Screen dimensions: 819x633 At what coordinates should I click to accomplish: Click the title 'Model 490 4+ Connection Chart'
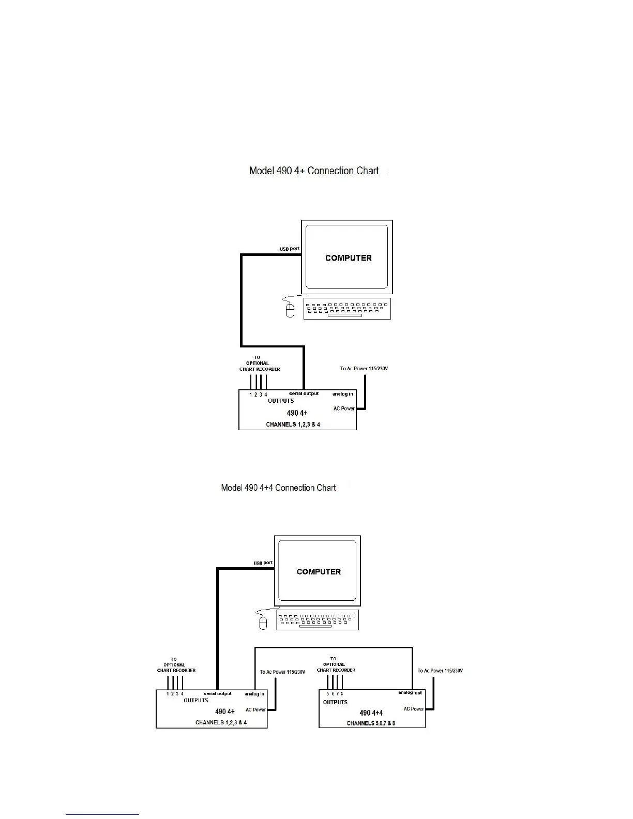314,171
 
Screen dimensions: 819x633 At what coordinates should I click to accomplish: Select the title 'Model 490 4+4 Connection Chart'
278,488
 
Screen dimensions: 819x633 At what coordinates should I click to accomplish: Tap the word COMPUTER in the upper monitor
348,258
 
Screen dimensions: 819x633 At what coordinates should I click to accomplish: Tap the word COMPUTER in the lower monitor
319,572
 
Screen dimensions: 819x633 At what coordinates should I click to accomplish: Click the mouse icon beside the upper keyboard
290,310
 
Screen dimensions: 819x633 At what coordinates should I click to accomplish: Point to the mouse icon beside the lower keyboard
263,623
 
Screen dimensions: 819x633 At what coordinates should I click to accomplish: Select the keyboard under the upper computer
347,308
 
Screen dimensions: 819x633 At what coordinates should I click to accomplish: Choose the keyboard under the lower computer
318,620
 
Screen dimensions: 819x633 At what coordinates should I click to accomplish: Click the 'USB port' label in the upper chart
290,249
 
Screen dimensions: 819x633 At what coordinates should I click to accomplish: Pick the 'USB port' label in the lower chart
263,563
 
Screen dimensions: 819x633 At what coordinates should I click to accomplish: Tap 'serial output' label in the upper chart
304,393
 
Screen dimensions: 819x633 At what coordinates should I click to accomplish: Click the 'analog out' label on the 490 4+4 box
410,693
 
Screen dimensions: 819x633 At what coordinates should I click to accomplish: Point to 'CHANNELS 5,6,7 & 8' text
371,723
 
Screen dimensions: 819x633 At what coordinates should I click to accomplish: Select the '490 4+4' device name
371,713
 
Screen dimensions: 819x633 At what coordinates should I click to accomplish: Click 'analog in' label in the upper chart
342,394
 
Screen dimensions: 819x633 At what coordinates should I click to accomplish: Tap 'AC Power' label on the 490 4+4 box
414,709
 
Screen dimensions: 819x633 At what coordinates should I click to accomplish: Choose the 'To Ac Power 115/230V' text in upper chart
364,369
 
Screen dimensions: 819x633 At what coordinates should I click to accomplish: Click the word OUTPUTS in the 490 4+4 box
335,702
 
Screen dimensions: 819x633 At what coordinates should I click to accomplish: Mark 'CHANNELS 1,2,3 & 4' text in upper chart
293,424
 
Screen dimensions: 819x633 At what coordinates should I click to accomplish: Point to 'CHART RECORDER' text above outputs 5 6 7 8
336,670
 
